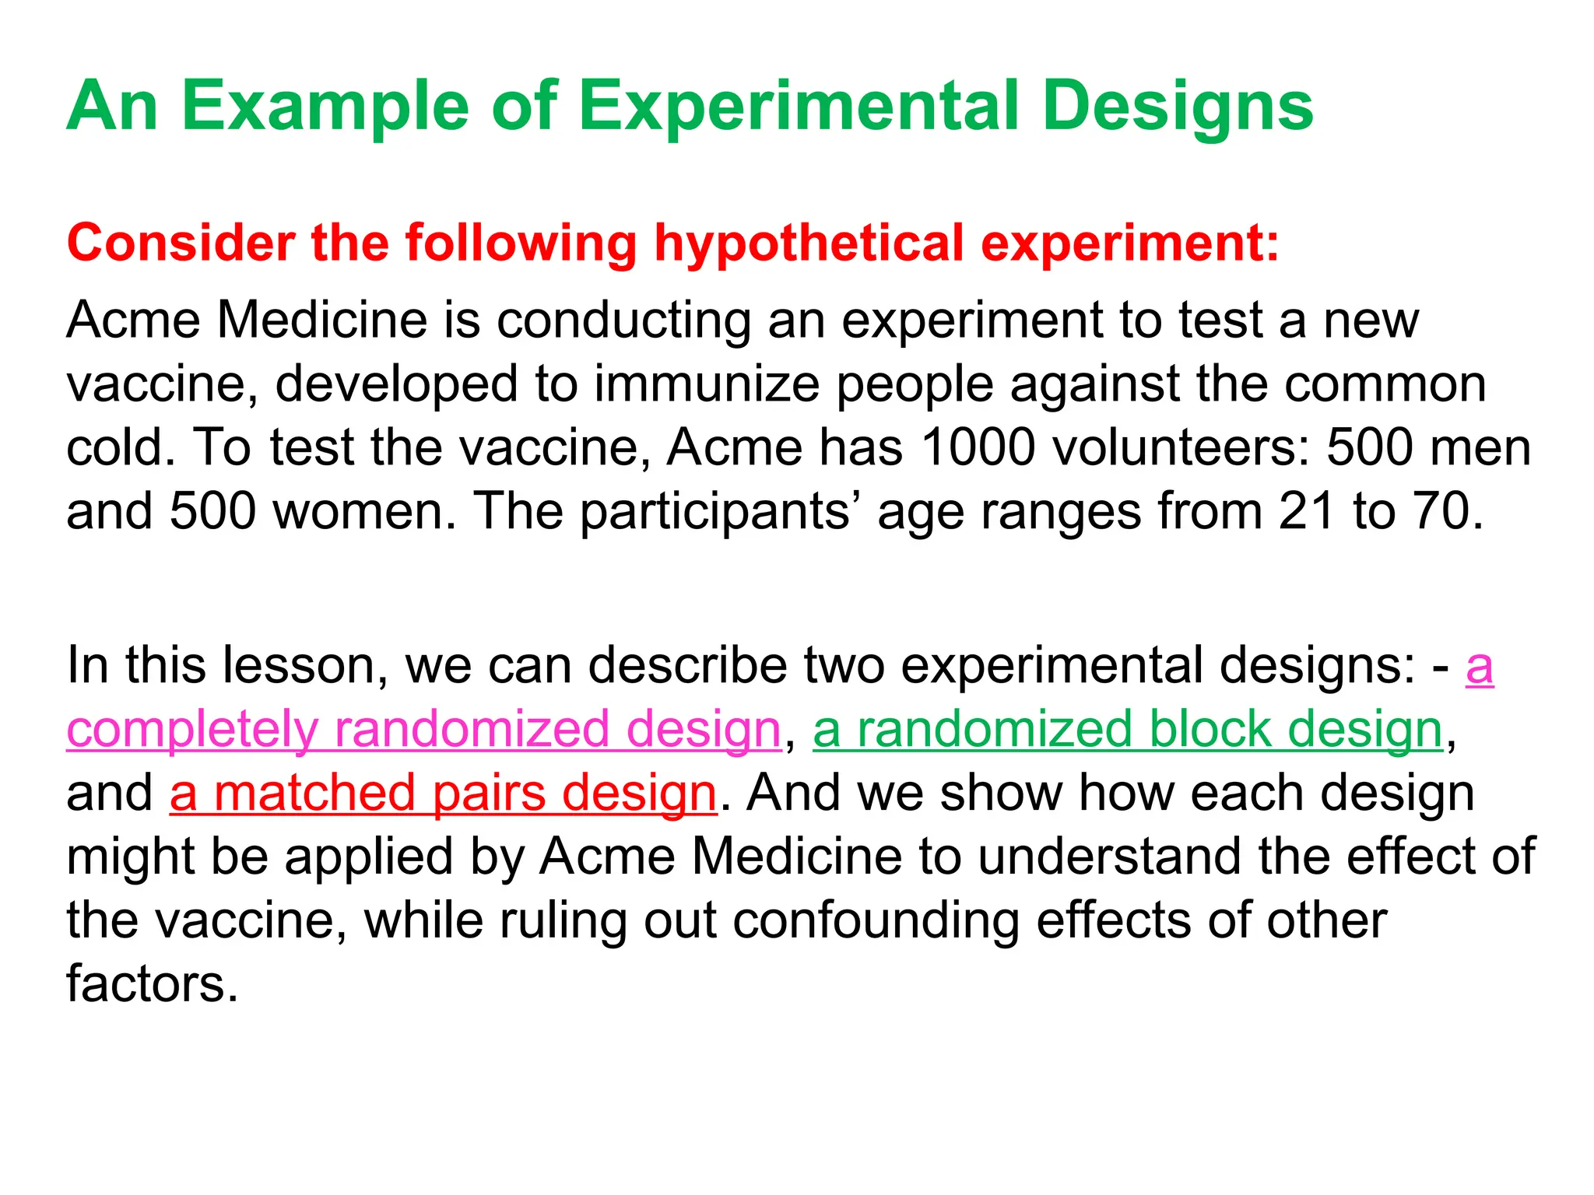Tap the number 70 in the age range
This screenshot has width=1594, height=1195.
(x=1447, y=511)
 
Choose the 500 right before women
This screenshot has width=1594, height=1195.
(x=212, y=511)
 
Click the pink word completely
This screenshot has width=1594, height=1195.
(x=192, y=730)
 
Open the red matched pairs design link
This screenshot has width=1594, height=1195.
(x=443, y=794)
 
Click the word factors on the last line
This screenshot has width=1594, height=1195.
(x=152, y=984)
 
